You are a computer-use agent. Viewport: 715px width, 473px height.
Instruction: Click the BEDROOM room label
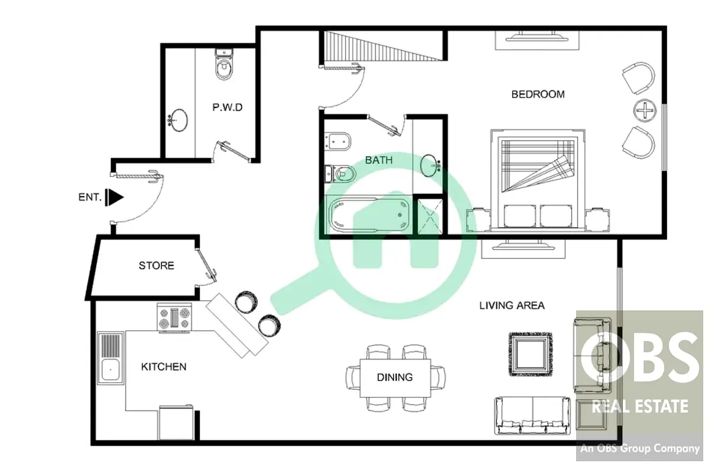tap(538, 94)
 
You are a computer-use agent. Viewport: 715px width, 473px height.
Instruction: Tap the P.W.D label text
tap(227, 107)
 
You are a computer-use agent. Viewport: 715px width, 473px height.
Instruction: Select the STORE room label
tap(157, 265)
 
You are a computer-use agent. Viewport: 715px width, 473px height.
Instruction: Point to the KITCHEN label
tap(164, 367)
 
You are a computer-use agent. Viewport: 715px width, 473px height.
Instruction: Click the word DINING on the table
tap(395, 377)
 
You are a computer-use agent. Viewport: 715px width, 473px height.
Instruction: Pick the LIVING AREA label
tap(512, 306)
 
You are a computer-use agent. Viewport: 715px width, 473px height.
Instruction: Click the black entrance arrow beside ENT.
tap(115, 197)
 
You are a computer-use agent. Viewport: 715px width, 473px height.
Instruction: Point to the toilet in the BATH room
tap(340, 174)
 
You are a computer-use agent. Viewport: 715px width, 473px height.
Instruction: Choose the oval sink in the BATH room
tap(430, 166)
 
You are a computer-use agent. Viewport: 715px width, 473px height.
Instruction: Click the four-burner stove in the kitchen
tap(174, 318)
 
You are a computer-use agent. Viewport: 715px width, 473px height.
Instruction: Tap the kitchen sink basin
tap(110, 370)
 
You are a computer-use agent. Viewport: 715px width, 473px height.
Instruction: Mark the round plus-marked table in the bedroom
tap(645, 111)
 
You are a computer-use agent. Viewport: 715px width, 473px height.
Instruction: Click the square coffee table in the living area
tap(531, 354)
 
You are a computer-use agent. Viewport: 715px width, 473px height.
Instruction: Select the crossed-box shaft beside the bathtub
tap(430, 216)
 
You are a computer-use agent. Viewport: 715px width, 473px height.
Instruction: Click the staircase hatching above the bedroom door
tap(383, 46)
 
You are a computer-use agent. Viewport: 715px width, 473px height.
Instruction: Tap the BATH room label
tap(379, 160)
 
